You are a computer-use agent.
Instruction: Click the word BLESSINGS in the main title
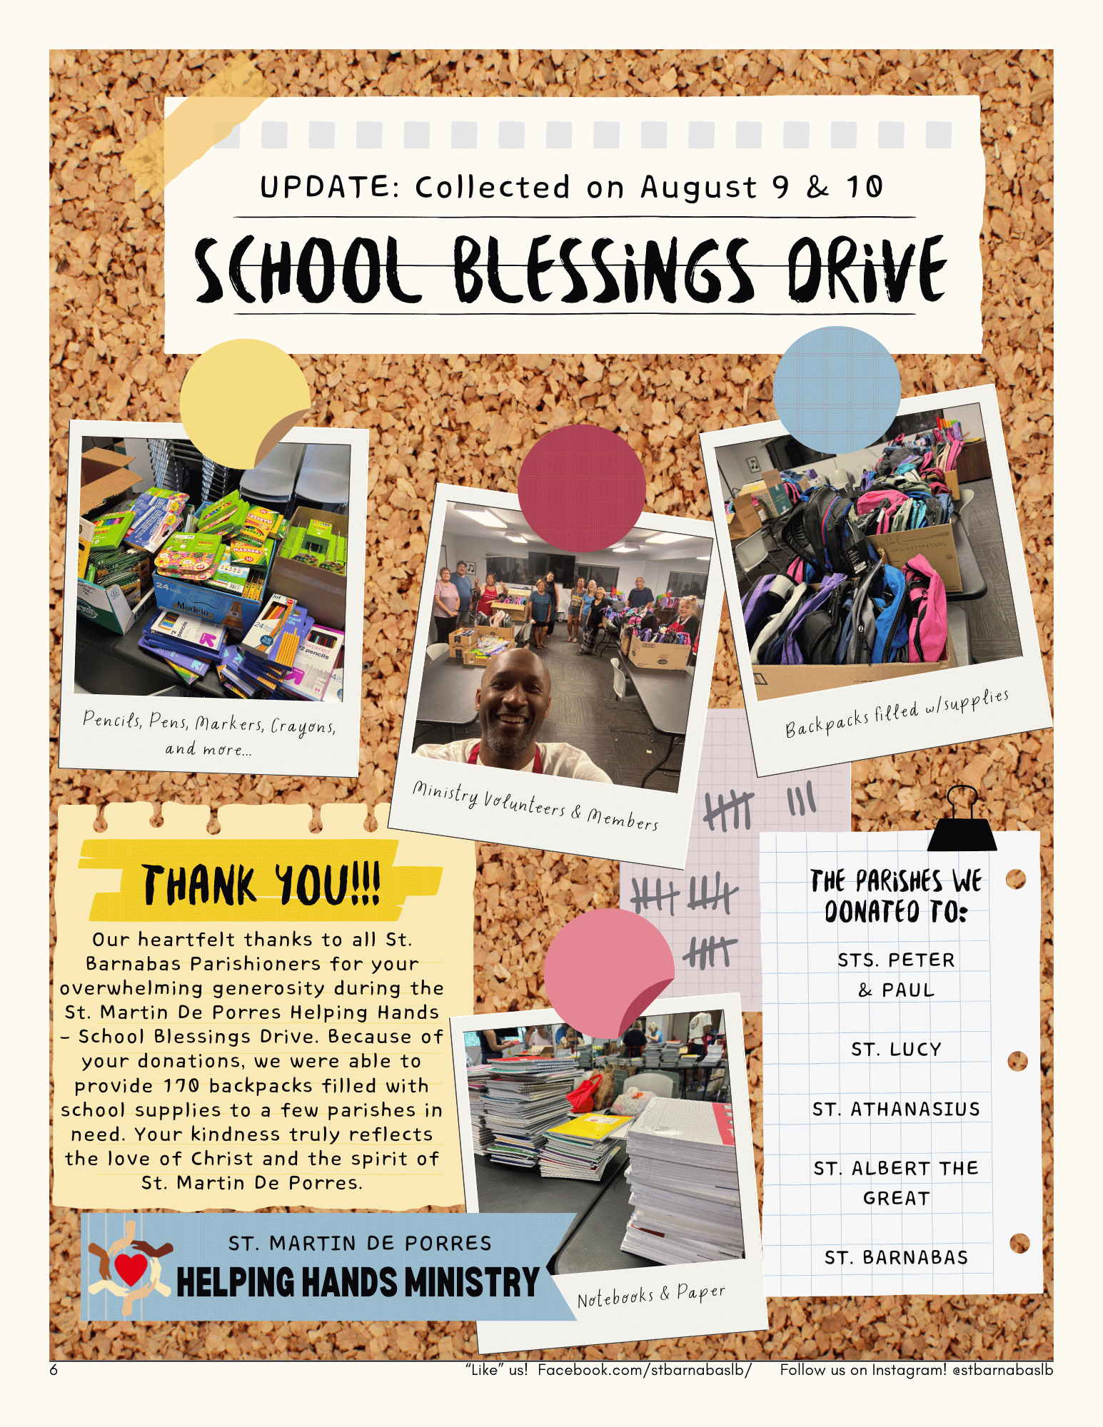pos(603,270)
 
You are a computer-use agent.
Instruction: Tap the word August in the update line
pos(697,188)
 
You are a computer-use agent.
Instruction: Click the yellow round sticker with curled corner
pos(243,403)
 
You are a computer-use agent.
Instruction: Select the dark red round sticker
pos(581,488)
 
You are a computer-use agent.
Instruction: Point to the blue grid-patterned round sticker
pos(836,390)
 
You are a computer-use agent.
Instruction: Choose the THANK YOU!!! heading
pos(261,885)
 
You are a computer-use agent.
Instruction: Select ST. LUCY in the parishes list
pos(896,1050)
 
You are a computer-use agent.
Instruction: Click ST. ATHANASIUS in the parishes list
pos(896,1109)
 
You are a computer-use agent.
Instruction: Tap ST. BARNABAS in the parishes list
pos(896,1258)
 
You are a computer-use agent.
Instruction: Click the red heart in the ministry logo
pos(131,1269)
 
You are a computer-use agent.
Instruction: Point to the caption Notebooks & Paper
pos(651,1295)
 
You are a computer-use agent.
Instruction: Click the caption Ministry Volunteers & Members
pos(535,806)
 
